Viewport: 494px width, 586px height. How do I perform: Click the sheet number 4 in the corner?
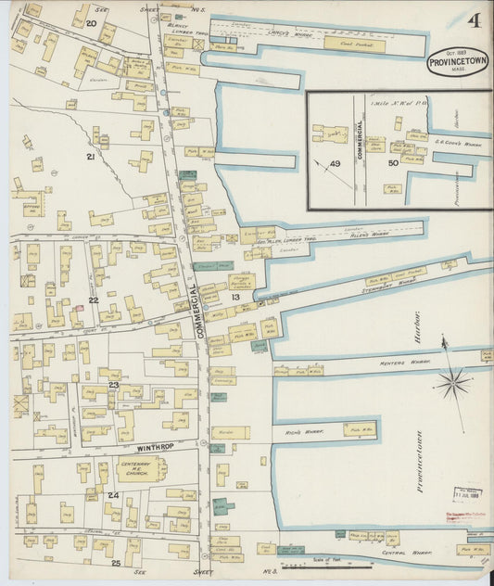[475, 20]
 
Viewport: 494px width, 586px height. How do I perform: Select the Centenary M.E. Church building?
[141, 468]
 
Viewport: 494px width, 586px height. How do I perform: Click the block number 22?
[94, 299]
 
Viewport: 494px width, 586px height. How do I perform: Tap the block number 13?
[235, 297]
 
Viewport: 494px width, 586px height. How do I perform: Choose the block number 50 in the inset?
[393, 164]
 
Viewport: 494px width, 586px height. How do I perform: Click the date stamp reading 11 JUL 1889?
[468, 497]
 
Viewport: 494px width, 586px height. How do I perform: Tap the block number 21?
[91, 157]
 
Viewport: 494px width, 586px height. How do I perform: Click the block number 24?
[113, 496]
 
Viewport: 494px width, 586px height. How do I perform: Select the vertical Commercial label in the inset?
[360, 148]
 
